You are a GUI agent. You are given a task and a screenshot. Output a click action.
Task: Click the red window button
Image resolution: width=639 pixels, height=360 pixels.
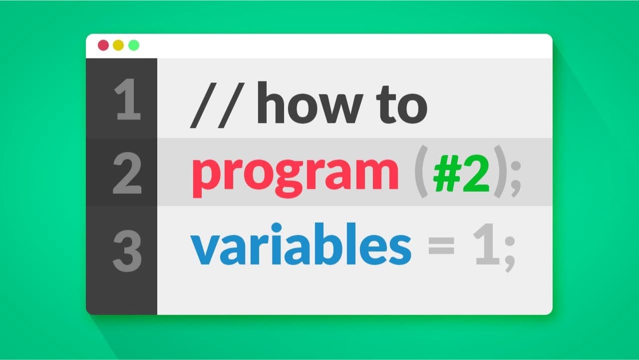tap(103, 45)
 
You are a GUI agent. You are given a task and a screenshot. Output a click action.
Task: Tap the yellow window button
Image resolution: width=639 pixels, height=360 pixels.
tap(118, 45)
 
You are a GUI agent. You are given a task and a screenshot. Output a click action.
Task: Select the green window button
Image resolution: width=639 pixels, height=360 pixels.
tap(134, 45)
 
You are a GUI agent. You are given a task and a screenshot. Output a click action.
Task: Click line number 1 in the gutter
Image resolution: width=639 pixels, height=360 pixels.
tap(127, 99)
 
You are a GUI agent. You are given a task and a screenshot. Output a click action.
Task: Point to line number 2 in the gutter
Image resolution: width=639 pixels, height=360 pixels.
tap(127, 173)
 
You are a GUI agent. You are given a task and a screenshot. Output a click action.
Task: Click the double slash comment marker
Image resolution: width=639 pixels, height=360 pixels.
tap(217, 105)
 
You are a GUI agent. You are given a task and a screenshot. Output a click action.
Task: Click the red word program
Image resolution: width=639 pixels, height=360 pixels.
tap(295, 177)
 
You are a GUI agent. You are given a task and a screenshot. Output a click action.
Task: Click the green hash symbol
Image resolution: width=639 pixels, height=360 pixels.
tap(447, 174)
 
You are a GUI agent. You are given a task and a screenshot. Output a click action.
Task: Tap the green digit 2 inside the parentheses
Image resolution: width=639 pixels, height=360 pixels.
tap(476, 174)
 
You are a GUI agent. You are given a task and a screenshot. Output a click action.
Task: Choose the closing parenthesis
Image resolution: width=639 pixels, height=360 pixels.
tap(500, 171)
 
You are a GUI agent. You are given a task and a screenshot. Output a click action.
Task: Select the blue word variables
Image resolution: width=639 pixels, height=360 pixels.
tap(301, 244)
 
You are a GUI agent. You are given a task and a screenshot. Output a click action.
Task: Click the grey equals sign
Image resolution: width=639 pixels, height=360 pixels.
tap(441, 246)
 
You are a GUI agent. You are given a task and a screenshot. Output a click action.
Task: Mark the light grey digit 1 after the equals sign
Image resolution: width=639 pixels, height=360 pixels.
tap(487, 244)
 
